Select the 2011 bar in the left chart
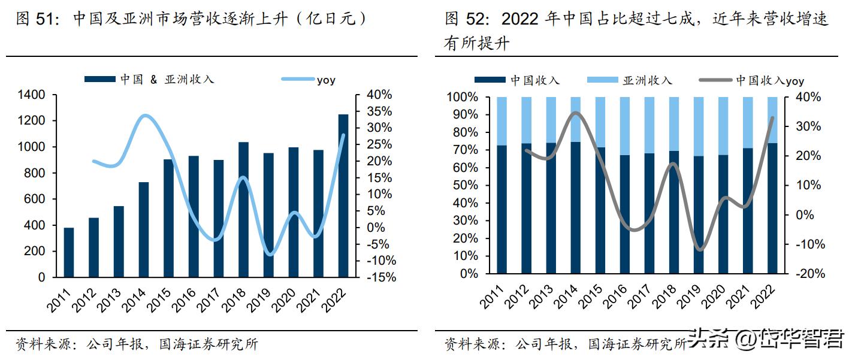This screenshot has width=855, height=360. (69, 252)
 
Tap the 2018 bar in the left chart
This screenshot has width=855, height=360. (243, 210)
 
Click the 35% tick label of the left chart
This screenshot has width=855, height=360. (379, 111)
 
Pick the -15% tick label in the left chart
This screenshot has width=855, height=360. (379, 277)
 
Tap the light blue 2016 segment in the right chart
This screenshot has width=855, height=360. (625, 126)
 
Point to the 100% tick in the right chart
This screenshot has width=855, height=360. (462, 97)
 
